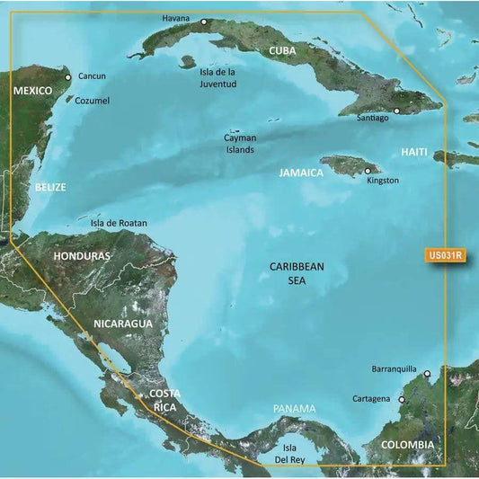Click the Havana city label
tap(177, 18)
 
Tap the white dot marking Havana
tap(204, 22)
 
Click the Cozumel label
tap(92, 101)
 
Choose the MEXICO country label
tap(34, 92)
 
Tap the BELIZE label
tap(50, 187)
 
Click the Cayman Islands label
tap(240, 144)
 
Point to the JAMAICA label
tap(300, 173)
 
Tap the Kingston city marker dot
tap(368, 171)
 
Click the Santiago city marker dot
tap(397, 111)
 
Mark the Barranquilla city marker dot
tap(428, 374)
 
